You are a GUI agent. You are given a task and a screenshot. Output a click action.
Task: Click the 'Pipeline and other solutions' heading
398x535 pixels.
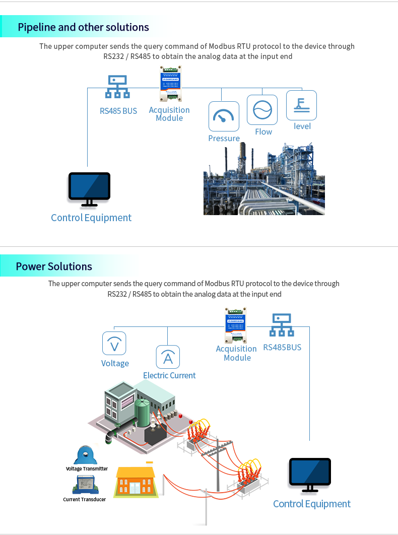84,27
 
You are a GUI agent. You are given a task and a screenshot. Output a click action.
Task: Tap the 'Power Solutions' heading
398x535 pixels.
54,266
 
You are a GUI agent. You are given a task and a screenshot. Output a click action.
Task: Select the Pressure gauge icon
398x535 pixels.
224,116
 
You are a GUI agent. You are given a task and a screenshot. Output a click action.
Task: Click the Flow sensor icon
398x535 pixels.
262,110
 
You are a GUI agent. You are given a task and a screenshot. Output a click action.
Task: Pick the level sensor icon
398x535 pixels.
301,105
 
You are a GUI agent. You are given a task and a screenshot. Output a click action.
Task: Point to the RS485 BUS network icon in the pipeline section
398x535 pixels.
117,87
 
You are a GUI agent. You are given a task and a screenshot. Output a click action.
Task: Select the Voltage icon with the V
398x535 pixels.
114,344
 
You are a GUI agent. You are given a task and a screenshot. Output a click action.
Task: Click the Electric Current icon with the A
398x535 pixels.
168,357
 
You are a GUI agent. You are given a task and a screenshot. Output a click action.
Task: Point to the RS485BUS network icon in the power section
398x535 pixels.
282,325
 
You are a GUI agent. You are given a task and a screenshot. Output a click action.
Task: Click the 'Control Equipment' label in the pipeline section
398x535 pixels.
91,218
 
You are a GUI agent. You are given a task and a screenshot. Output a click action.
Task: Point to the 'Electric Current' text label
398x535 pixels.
169,375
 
